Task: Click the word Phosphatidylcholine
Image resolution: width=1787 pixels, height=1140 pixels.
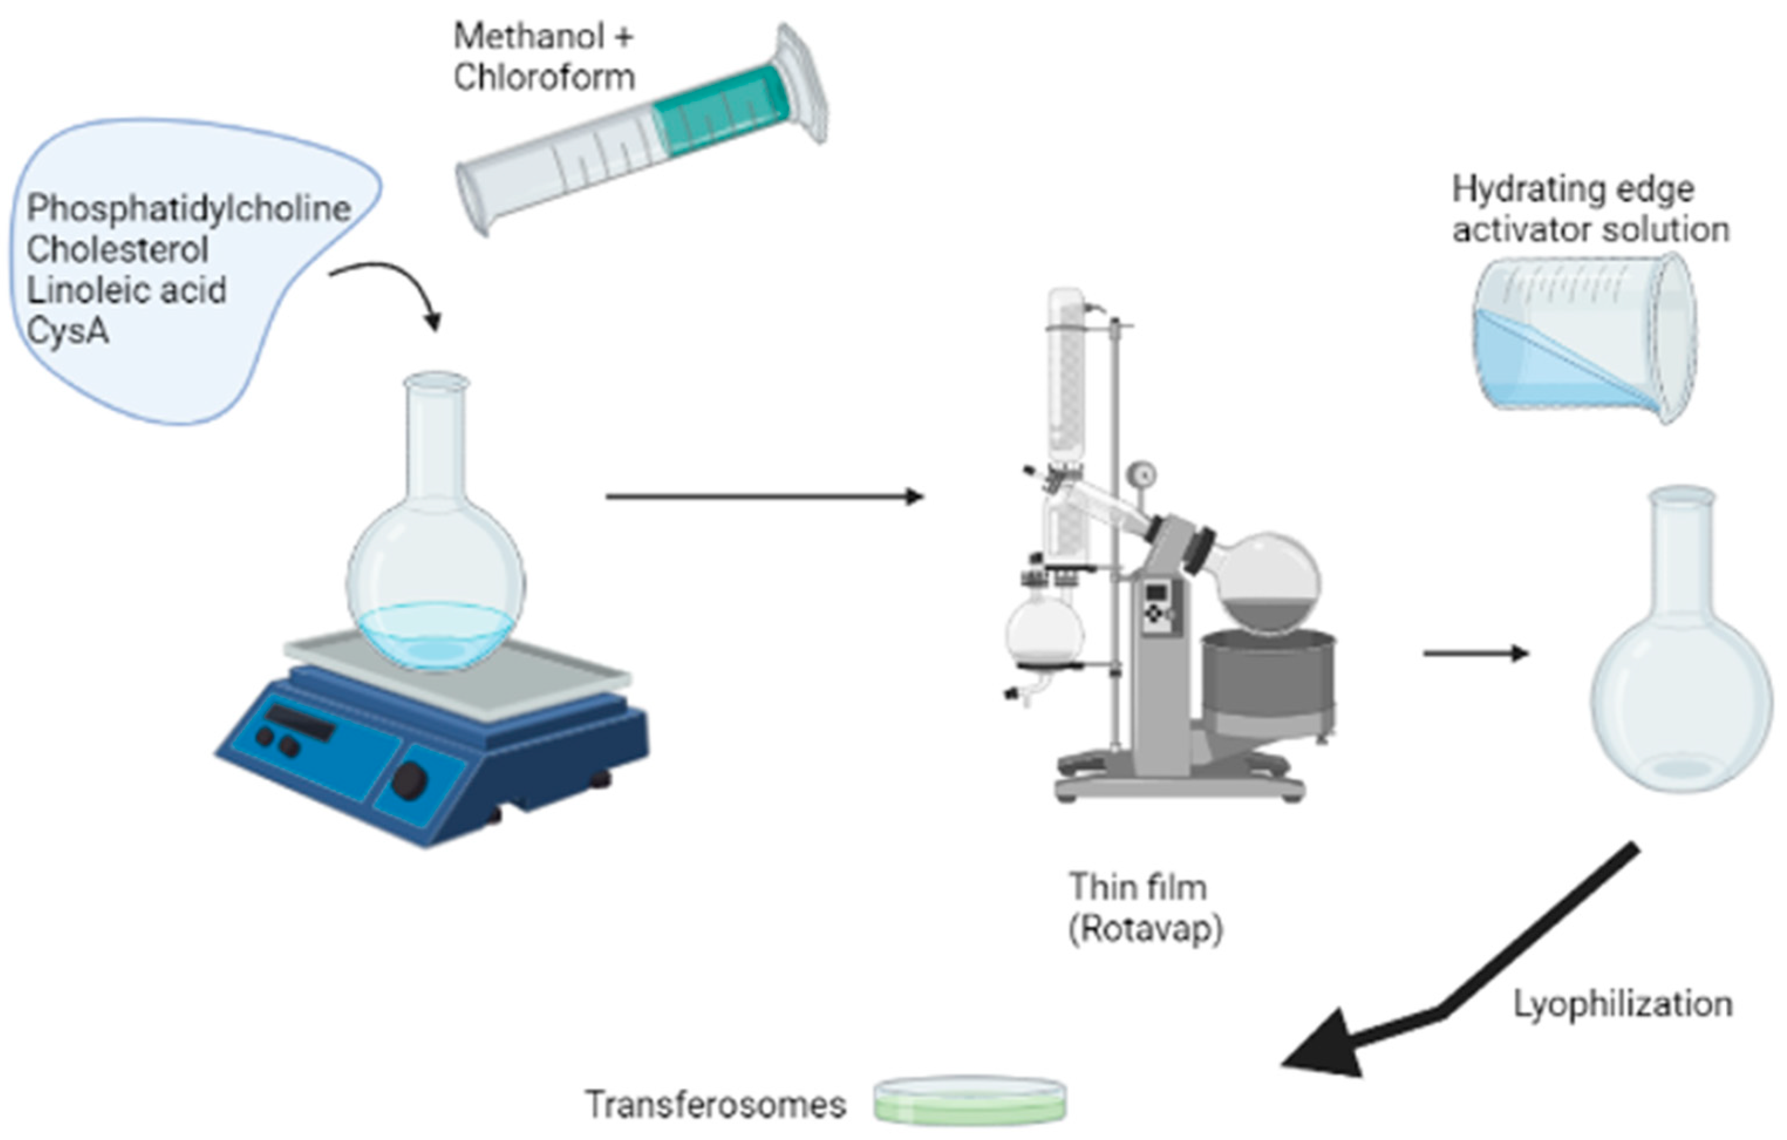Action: [189, 209]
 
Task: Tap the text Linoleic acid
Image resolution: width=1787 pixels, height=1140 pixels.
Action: [126, 290]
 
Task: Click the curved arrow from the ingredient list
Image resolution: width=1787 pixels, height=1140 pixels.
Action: [393, 290]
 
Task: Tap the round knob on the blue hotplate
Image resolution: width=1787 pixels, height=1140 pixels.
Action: [409, 780]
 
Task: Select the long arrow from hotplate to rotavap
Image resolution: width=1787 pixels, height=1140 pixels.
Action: [765, 496]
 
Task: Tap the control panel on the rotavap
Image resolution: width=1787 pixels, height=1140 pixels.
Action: [1155, 608]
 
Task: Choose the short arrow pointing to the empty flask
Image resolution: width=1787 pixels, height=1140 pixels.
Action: [1475, 653]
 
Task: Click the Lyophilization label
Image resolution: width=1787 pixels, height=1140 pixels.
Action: [1622, 1004]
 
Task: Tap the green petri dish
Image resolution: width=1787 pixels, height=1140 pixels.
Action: [970, 1101]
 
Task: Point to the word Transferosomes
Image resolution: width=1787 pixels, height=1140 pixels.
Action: [715, 1104]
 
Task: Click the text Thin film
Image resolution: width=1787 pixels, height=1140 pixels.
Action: [1138, 887]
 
